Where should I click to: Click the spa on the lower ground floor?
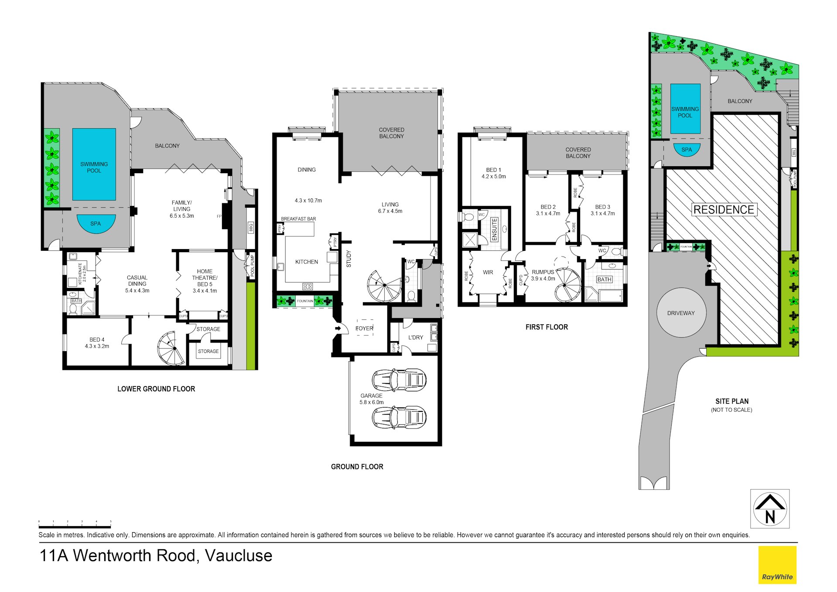pyautogui.click(x=96, y=223)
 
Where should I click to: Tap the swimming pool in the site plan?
pyautogui.click(x=685, y=109)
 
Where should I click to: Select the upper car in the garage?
pyautogui.click(x=399, y=379)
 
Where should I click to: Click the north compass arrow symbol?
pyautogui.click(x=770, y=509)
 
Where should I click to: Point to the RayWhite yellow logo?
pyautogui.click(x=777, y=565)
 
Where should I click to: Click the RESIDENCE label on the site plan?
pyautogui.click(x=724, y=210)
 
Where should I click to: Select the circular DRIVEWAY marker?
pyautogui.click(x=681, y=313)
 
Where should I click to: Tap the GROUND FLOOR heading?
pyautogui.click(x=357, y=467)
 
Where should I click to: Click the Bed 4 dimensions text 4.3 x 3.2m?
pyautogui.click(x=97, y=346)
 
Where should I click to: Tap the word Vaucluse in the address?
pyautogui.click(x=239, y=556)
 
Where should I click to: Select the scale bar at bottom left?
pyautogui.click(x=75, y=526)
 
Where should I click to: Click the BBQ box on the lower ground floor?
pyautogui.click(x=251, y=227)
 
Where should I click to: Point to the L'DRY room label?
pyautogui.click(x=416, y=337)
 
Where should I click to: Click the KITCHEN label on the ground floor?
pyautogui.click(x=307, y=262)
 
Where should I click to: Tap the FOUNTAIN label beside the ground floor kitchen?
pyautogui.click(x=305, y=301)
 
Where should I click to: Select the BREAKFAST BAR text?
pyautogui.click(x=298, y=219)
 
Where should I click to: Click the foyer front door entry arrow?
pyautogui.click(x=338, y=328)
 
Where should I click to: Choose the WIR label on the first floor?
pyautogui.click(x=488, y=272)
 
